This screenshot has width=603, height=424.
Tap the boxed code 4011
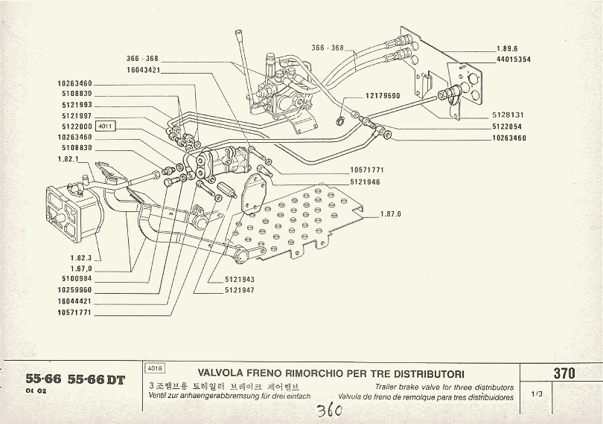pos(106,126)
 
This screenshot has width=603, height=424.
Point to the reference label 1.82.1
pos(68,159)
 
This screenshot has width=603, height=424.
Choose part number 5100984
pos(74,280)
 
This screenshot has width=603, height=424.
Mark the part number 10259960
pos(74,291)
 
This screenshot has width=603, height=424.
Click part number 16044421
pos(74,301)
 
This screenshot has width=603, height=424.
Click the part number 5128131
pos(508,115)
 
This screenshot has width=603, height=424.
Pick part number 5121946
pos(366,181)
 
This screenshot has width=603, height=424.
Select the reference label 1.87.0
pos(391,214)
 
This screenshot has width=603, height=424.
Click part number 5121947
pos(240,290)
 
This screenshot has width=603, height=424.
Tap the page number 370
pos(564,373)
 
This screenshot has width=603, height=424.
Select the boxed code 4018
pos(156,367)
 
